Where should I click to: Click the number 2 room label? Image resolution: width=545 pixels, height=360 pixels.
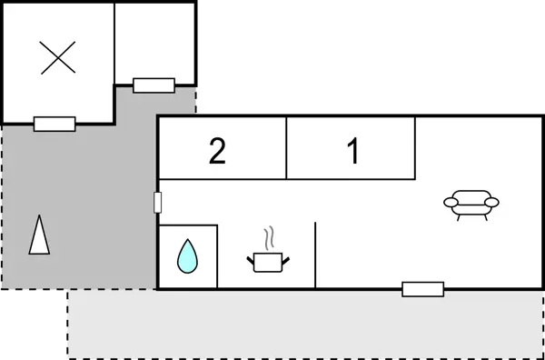217,151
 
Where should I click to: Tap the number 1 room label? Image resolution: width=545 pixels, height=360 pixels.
353,151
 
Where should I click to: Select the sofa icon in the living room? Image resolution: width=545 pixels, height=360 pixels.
471,205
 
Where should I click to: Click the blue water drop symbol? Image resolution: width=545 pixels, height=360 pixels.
187,257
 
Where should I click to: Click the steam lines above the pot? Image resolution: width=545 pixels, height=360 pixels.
269,239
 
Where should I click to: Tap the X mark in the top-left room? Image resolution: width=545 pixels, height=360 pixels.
58,59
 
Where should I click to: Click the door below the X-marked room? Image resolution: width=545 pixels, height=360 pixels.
54,124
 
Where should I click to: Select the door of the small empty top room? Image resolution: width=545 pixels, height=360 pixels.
154,85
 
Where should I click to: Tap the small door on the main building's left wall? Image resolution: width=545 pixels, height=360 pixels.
158,201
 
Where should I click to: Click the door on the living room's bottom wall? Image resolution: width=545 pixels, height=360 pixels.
422,289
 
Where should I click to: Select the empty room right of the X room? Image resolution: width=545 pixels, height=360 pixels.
154,41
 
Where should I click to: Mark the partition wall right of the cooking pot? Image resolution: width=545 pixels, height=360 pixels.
315,255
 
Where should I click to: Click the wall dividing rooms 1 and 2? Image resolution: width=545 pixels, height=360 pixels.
287,147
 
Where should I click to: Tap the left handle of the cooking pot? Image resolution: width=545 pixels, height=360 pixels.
251,261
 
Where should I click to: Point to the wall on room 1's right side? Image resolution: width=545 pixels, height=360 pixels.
417,147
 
